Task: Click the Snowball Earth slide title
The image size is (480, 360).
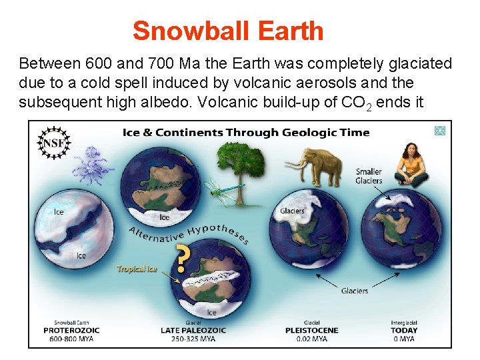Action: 228,31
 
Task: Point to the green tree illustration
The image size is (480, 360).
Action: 242,165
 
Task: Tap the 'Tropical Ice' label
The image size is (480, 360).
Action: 136,269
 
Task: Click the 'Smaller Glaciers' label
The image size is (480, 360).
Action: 368,176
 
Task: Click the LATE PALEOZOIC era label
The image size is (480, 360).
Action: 193,331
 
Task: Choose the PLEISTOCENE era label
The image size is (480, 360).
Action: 311,331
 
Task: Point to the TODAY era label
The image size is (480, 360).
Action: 403,331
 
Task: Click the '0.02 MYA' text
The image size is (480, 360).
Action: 311,339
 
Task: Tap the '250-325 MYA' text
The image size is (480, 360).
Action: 193,339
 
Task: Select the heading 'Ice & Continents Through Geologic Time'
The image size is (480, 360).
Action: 245,132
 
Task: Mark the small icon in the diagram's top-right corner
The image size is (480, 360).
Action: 439,131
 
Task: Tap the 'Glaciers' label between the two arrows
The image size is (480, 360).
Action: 355,291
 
